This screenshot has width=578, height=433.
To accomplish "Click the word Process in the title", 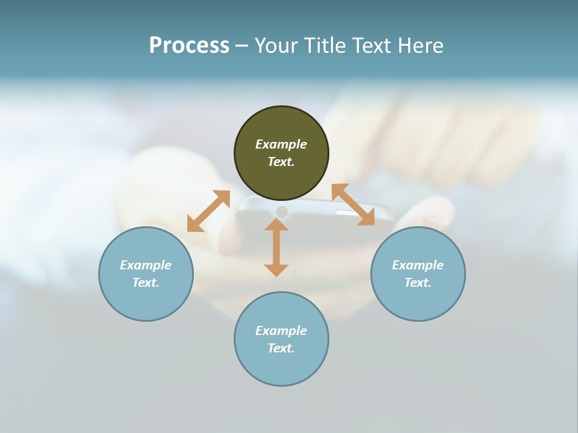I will tap(189, 46).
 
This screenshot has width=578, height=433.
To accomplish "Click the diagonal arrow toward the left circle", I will tap(208, 211).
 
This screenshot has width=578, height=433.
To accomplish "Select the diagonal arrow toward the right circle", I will tap(353, 204).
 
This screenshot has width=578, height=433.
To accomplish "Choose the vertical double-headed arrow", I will tap(276, 247).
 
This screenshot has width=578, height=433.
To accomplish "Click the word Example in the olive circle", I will tap(281, 144).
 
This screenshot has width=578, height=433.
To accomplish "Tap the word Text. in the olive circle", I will tap(281, 162).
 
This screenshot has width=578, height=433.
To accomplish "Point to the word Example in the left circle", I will tap(146, 265).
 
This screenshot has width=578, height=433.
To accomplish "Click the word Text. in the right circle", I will tap(418, 283).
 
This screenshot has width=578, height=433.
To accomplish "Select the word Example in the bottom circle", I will tap(281, 331).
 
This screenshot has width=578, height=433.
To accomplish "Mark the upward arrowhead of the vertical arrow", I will tap(276, 224).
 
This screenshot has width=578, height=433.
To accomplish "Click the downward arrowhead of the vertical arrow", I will tap(276, 270).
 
